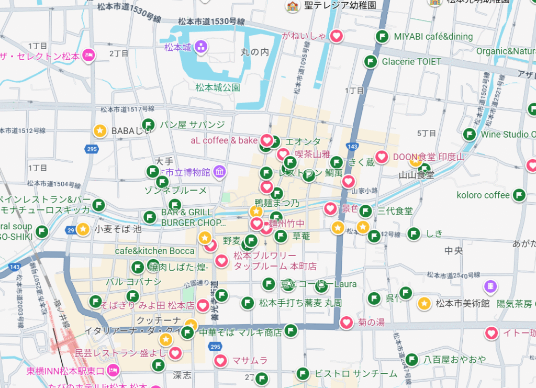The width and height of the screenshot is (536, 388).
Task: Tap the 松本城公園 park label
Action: pyautogui.click(x=218, y=87)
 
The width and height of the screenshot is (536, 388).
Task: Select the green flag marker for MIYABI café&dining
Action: pyautogui.click(x=382, y=37)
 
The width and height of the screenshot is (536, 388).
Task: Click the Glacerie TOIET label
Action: pyautogui.click(x=411, y=61)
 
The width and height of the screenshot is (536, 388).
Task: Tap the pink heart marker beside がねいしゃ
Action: pyautogui.click(x=337, y=36)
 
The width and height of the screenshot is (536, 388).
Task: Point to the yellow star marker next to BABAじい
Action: pyautogui.click(x=100, y=130)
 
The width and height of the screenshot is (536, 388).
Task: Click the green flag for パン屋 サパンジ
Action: pyautogui.click(x=149, y=125)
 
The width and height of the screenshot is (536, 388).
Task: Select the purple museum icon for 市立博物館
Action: pyautogui.click(x=219, y=171)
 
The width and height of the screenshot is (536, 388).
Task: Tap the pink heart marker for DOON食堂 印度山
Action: pyautogui.click(x=382, y=157)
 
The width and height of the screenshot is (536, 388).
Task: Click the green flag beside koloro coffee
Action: pyautogui.click(x=519, y=195)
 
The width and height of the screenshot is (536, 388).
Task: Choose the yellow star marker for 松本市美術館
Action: pyautogui.click(x=425, y=303)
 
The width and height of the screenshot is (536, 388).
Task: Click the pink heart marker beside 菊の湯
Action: pyautogui.click(x=346, y=323)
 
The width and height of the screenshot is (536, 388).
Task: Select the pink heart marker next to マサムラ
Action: pyautogui.click(x=220, y=360)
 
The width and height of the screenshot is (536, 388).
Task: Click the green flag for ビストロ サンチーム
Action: pyautogui.click(x=303, y=373)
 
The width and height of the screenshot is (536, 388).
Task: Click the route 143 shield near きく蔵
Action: pyautogui.click(x=352, y=147)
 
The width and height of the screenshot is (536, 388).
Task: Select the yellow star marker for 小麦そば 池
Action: pyautogui.click(x=83, y=229)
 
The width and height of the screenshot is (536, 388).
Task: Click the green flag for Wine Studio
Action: pyautogui.click(x=470, y=134)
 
